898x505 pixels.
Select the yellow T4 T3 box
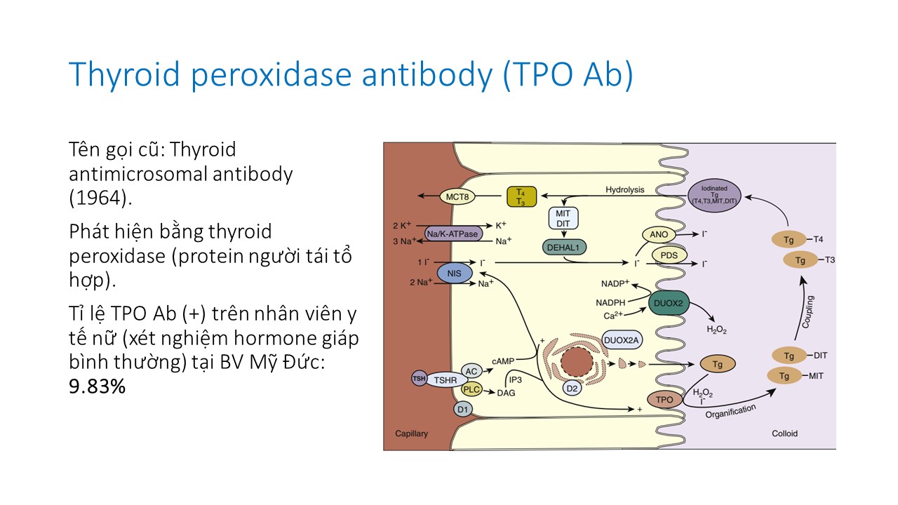(521, 196)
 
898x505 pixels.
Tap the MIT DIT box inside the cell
(563, 218)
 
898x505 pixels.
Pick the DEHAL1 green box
(564, 248)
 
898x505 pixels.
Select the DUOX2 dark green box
(670, 304)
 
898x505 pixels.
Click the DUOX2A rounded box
(622, 341)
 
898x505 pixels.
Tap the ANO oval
(659, 234)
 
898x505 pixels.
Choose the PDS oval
(669, 255)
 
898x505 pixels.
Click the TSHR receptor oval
(445, 380)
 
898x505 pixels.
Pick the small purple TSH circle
(418, 379)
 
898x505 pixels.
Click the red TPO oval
(664, 400)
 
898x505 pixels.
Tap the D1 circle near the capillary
(462, 409)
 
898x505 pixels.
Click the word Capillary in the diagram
(411, 433)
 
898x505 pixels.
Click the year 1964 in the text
(98, 198)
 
